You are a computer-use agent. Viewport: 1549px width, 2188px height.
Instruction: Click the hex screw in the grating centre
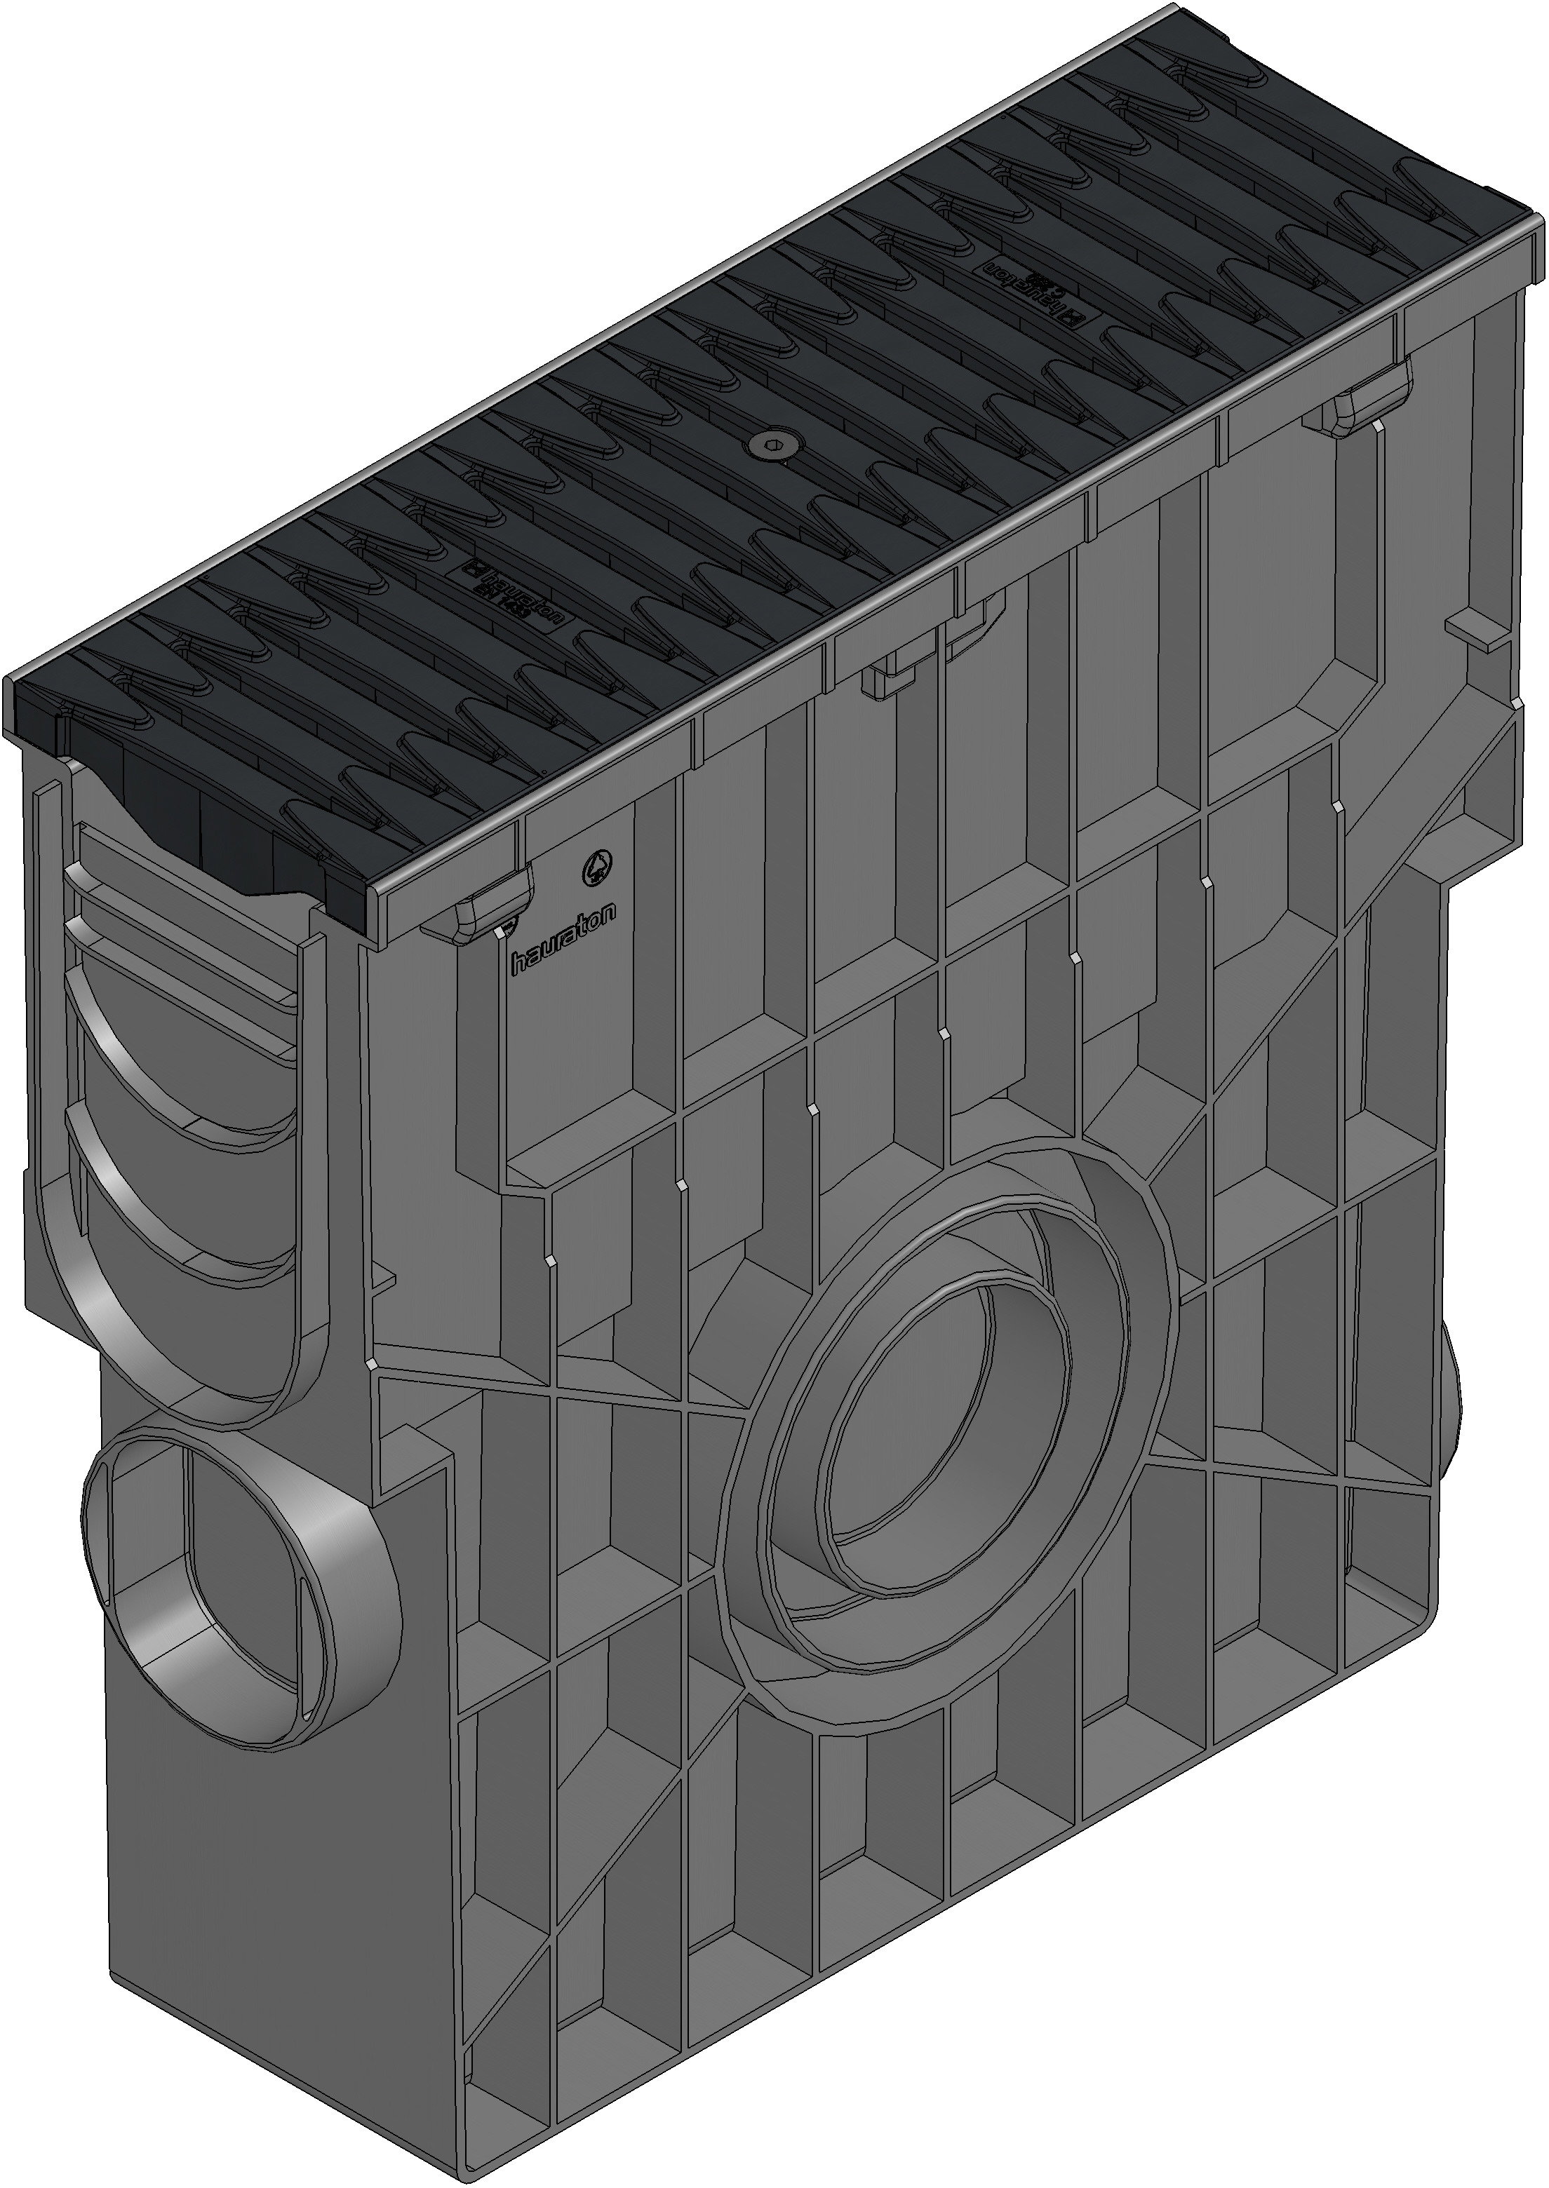click(x=769, y=441)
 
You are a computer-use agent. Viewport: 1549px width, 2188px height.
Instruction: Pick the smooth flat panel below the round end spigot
click(x=276, y=1907)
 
